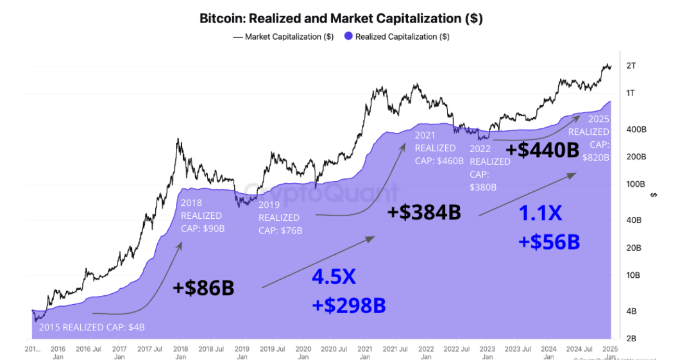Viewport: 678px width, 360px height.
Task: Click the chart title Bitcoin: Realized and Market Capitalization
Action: tap(341, 18)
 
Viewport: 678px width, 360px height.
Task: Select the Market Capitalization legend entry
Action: tap(283, 37)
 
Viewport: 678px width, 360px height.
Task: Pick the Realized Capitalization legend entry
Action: tap(396, 37)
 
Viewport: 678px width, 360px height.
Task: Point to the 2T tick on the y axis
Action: tap(631, 66)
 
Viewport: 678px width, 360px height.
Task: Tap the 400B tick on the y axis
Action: tap(635, 129)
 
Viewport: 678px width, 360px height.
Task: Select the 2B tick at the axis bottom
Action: tap(631, 339)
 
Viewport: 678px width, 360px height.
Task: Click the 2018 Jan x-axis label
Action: tap(181, 353)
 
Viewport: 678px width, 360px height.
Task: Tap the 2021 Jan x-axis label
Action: tap(365, 353)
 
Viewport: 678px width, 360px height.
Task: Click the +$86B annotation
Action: tap(203, 288)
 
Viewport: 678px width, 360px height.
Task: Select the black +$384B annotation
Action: tap(424, 212)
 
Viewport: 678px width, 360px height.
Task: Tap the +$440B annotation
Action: tap(542, 151)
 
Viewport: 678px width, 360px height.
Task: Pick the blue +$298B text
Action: tap(349, 305)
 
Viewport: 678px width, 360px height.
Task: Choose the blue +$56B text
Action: tap(549, 242)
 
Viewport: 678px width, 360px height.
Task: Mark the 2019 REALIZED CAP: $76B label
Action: tap(280, 217)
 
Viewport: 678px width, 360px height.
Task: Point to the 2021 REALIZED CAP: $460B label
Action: tap(438, 148)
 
